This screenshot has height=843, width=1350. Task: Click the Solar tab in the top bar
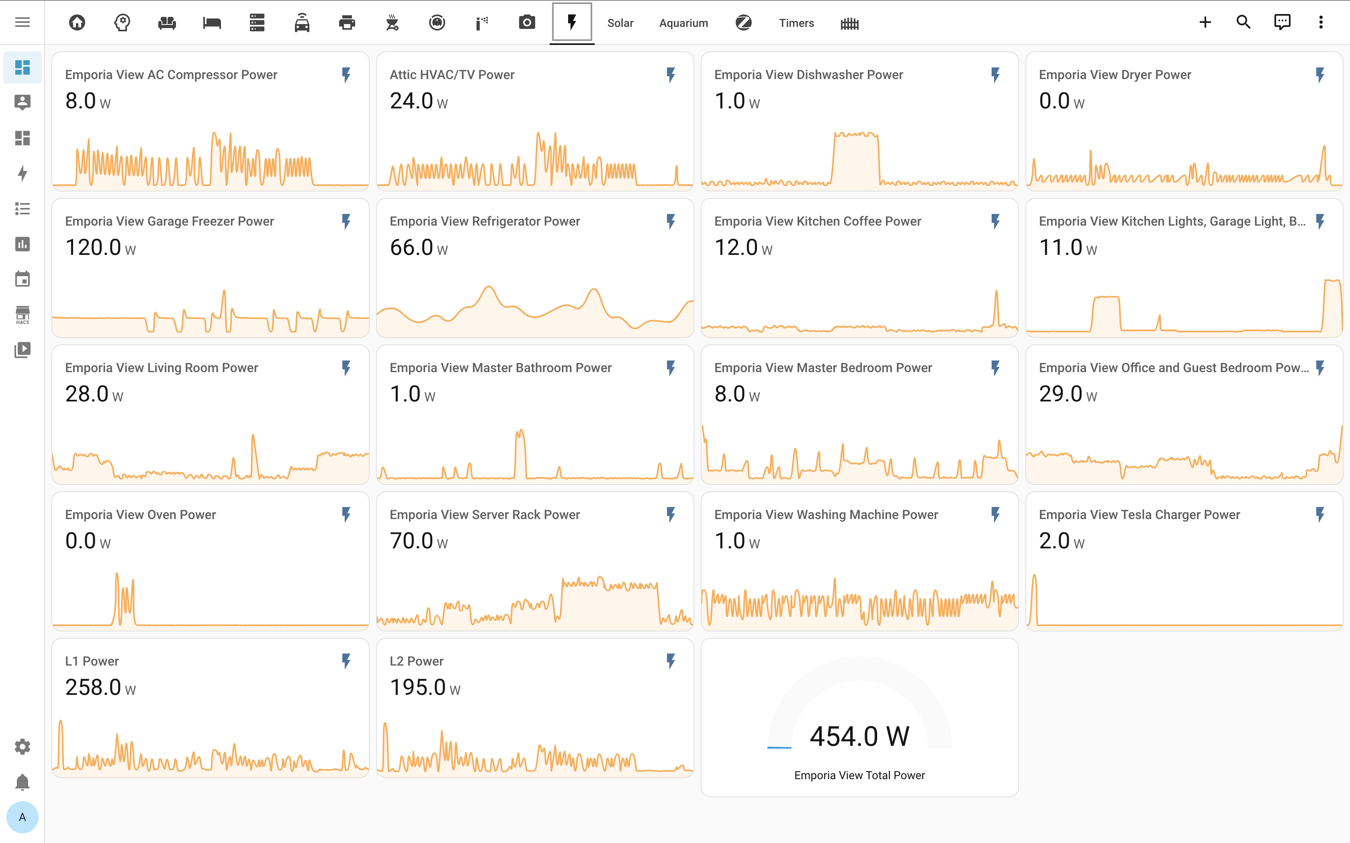pyautogui.click(x=620, y=23)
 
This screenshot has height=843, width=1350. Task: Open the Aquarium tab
pyautogui.click(x=683, y=23)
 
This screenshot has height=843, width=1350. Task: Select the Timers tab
pyautogui.click(x=796, y=23)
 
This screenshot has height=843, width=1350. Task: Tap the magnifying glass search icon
pyautogui.click(x=1243, y=22)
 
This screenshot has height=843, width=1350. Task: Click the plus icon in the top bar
pyautogui.click(x=1205, y=22)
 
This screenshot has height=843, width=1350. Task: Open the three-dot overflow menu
pyautogui.click(x=1320, y=22)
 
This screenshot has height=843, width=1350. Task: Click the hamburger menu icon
pyautogui.click(x=22, y=22)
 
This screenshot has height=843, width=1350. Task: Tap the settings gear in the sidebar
pyautogui.click(x=22, y=747)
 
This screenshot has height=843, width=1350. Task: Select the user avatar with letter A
pyautogui.click(x=22, y=817)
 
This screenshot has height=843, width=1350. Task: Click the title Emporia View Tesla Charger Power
pyautogui.click(x=1139, y=515)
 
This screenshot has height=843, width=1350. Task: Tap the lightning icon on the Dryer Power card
pyautogui.click(x=1320, y=75)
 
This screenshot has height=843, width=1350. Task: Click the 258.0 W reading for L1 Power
pyautogui.click(x=100, y=687)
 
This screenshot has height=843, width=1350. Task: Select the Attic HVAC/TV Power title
pyautogui.click(x=452, y=75)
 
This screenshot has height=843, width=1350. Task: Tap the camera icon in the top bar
pyautogui.click(x=527, y=22)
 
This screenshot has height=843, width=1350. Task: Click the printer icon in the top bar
pyautogui.click(x=347, y=22)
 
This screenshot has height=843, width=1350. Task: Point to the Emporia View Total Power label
pyautogui.click(x=859, y=775)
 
